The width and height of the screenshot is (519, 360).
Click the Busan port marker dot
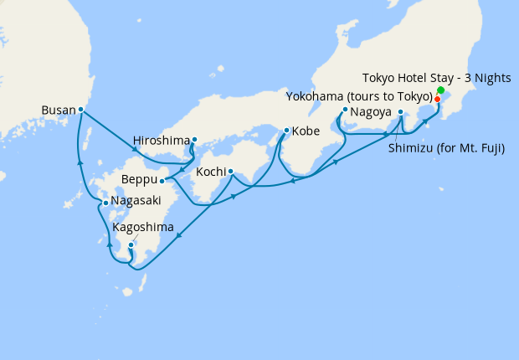pyautogui.click(x=80, y=109)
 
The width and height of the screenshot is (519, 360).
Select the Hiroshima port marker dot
pyautogui.click(x=194, y=140)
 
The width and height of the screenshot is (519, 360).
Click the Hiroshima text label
pyautogui.click(x=161, y=141)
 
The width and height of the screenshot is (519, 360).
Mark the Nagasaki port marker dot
pyautogui.click(x=105, y=203)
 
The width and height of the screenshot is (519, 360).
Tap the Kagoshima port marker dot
pyautogui.click(x=131, y=244)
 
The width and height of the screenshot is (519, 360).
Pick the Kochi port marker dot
pyautogui.click(x=230, y=172)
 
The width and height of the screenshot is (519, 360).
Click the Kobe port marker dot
pyautogui.click(x=286, y=131)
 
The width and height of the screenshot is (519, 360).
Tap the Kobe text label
pyautogui.click(x=309, y=131)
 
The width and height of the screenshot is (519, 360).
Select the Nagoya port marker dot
pyautogui.click(x=345, y=110)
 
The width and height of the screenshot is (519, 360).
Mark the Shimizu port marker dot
pyautogui.click(x=401, y=112)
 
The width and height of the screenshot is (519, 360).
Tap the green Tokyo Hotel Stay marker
pyautogui.click(x=440, y=90)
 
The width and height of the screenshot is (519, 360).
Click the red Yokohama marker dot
pyautogui.click(x=437, y=99)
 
